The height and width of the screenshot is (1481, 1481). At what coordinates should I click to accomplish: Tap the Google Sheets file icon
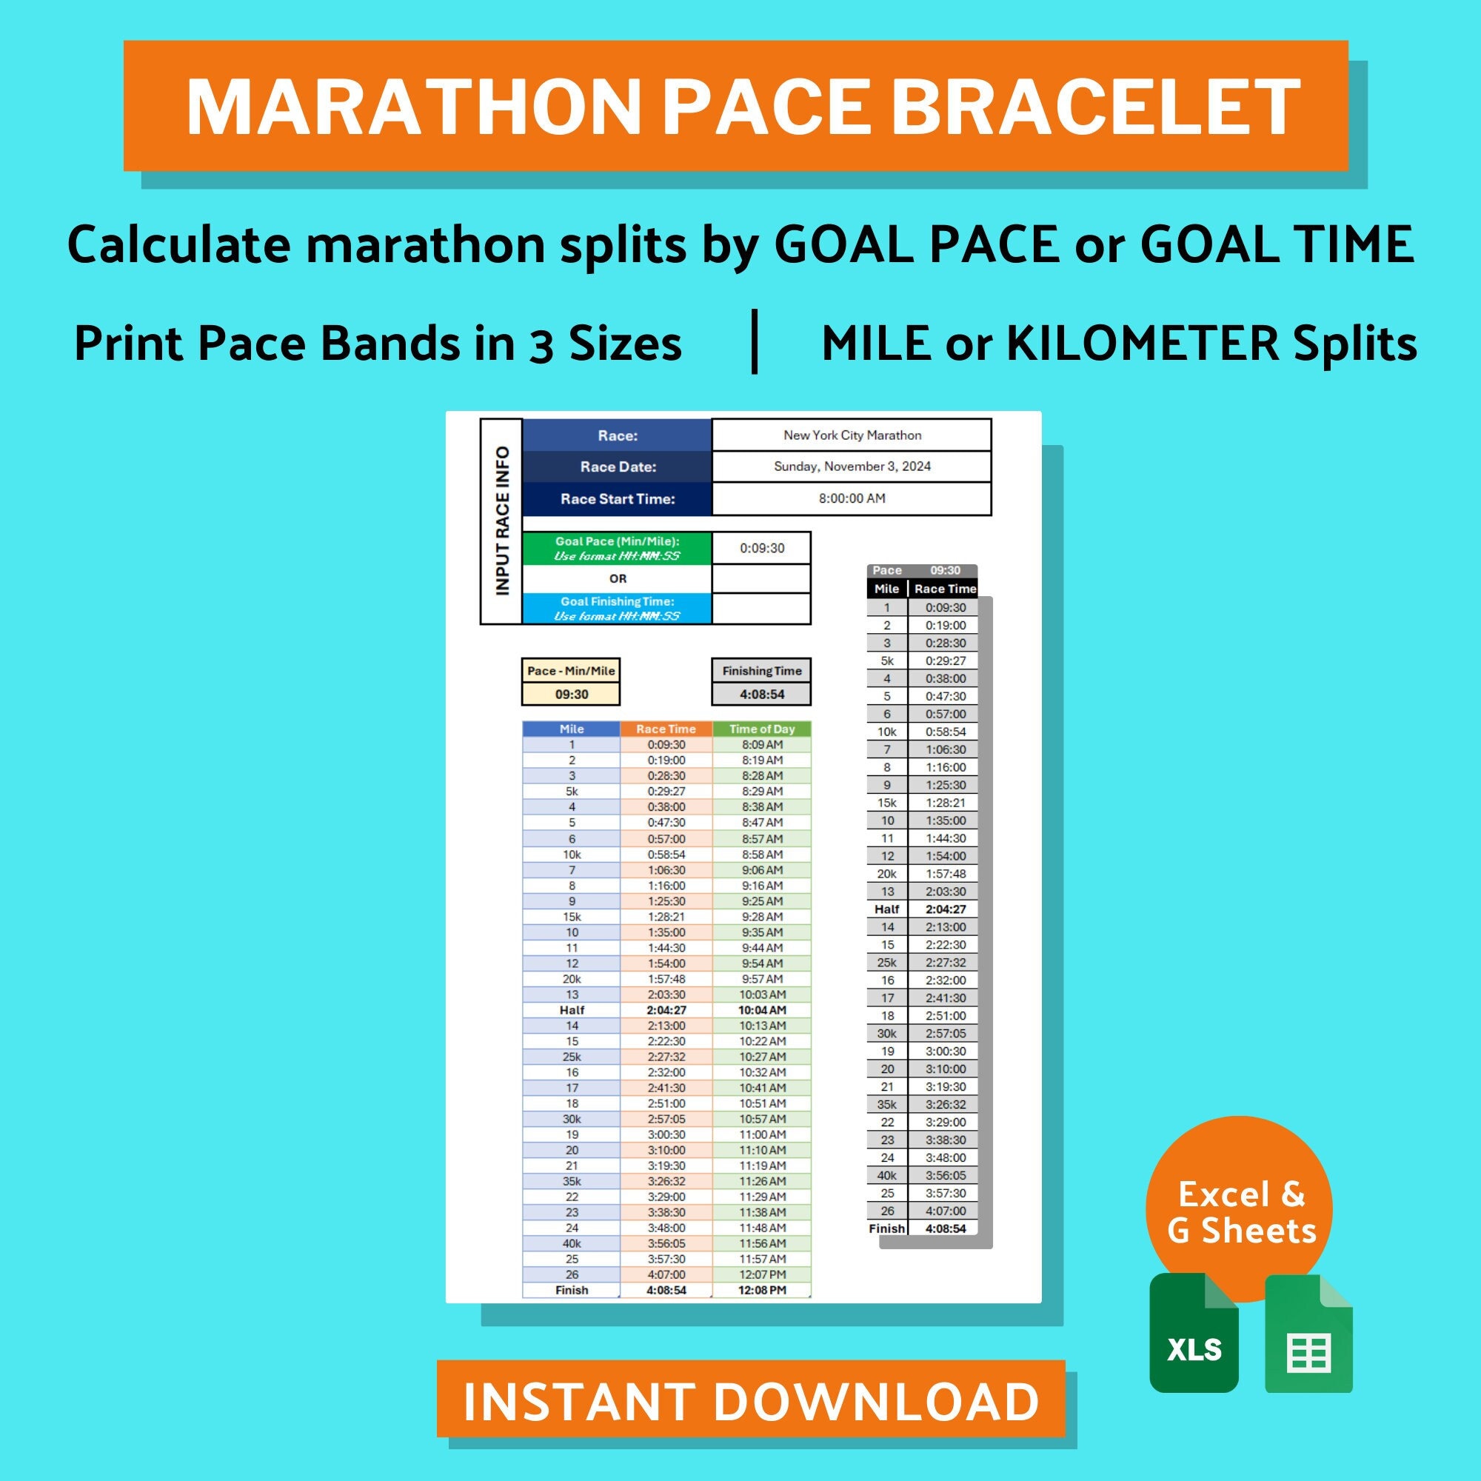click(x=1308, y=1333)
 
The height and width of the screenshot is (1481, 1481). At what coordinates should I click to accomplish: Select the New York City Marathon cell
click(x=852, y=435)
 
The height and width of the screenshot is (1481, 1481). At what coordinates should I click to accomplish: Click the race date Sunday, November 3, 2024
click(x=852, y=467)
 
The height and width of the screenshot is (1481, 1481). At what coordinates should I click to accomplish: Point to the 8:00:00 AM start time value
click(x=852, y=498)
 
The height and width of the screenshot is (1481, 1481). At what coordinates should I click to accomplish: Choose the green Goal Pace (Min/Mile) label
click(x=617, y=548)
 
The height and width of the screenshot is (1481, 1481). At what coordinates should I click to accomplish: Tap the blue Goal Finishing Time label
click(x=617, y=609)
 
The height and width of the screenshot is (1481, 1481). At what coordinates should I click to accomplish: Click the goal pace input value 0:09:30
click(x=762, y=548)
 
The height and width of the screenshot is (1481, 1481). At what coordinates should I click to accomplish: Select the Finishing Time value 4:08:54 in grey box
click(x=761, y=695)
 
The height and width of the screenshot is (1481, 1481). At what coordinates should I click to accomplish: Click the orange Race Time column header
click(x=666, y=729)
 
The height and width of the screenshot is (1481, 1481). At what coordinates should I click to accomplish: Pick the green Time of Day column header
click(x=761, y=729)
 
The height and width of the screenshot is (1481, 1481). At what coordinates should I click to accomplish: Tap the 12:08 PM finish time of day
click(x=761, y=1290)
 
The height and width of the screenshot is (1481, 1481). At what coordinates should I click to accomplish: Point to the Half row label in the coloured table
click(x=572, y=1010)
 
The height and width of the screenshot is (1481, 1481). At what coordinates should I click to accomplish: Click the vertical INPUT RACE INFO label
click(x=502, y=521)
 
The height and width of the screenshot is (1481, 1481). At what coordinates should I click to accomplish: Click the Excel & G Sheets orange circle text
click(x=1240, y=1212)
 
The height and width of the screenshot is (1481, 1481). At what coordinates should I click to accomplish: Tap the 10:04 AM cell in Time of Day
click(x=761, y=1010)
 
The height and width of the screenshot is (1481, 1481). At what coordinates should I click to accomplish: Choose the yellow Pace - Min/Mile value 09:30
click(x=571, y=695)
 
